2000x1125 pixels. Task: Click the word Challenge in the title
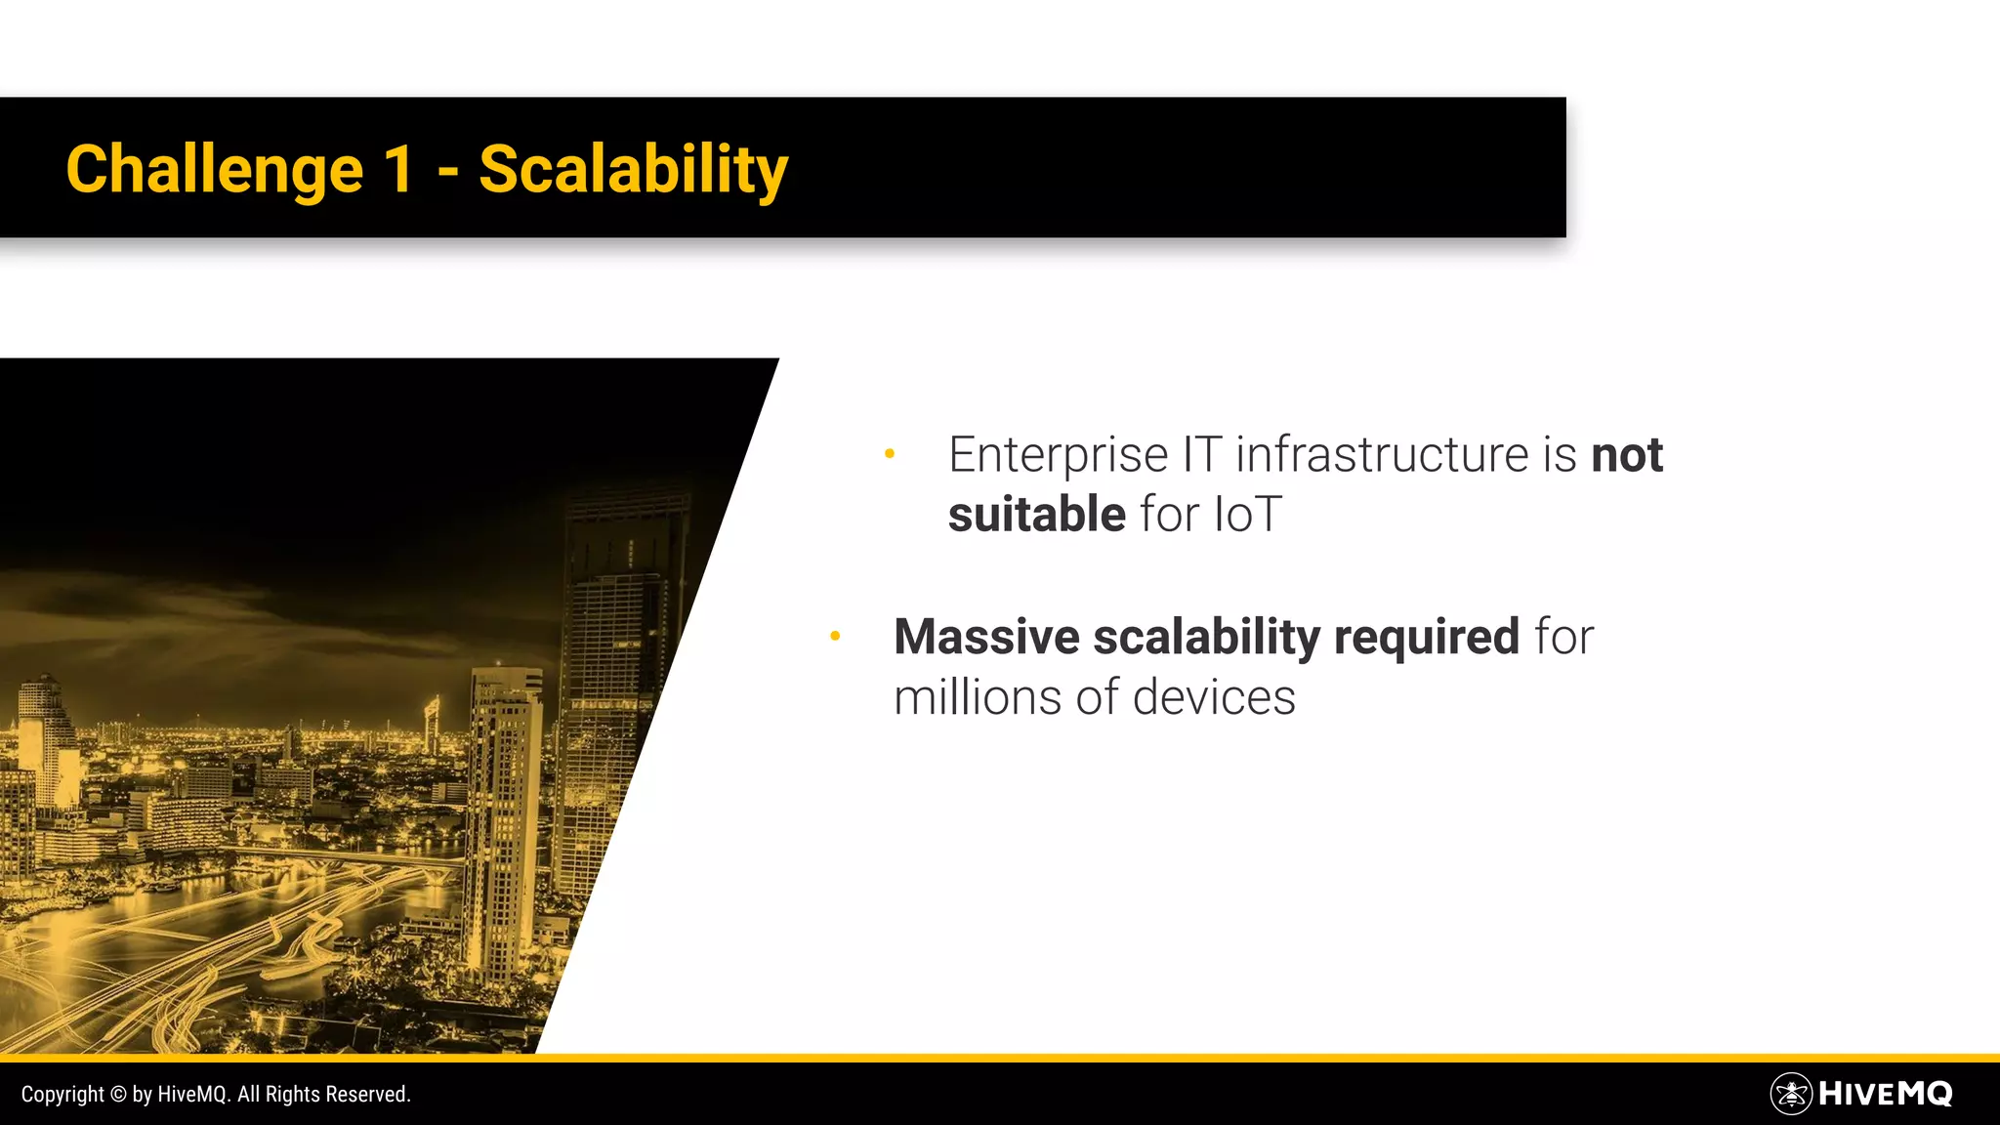[214, 170]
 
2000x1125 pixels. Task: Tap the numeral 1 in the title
[398, 170]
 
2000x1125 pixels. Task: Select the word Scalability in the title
[633, 170]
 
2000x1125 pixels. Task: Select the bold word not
[1627, 455]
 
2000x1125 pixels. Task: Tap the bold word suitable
[1036, 515]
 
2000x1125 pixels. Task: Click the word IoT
[1247, 515]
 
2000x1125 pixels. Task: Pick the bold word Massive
[986, 637]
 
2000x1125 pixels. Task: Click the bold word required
[1426, 639]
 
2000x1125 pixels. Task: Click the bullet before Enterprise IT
[890, 453]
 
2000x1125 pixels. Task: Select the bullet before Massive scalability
[835, 636]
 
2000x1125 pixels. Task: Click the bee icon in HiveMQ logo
[1791, 1094]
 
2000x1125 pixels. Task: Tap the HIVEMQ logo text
[1885, 1094]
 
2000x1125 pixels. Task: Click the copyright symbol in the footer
[118, 1095]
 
